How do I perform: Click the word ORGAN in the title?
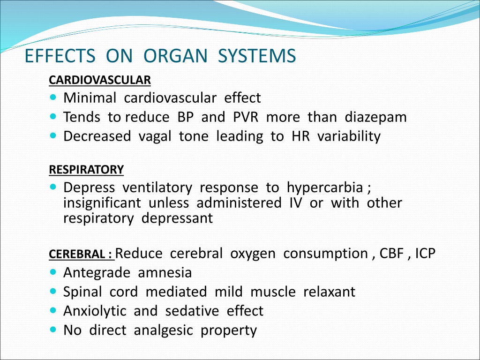coord(176,56)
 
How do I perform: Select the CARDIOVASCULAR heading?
coord(100,80)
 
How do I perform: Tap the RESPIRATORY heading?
coord(86,170)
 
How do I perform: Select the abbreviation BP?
coord(186,117)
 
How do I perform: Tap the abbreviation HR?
coord(300,136)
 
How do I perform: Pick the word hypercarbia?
coord(325,188)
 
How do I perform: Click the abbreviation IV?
coord(295,203)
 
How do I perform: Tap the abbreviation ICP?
coord(425,254)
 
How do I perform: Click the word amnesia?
coord(165,273)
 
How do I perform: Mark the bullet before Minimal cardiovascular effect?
coord(53,97)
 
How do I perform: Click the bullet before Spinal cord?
coord(53,292)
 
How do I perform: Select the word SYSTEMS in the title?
coord(257,56)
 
